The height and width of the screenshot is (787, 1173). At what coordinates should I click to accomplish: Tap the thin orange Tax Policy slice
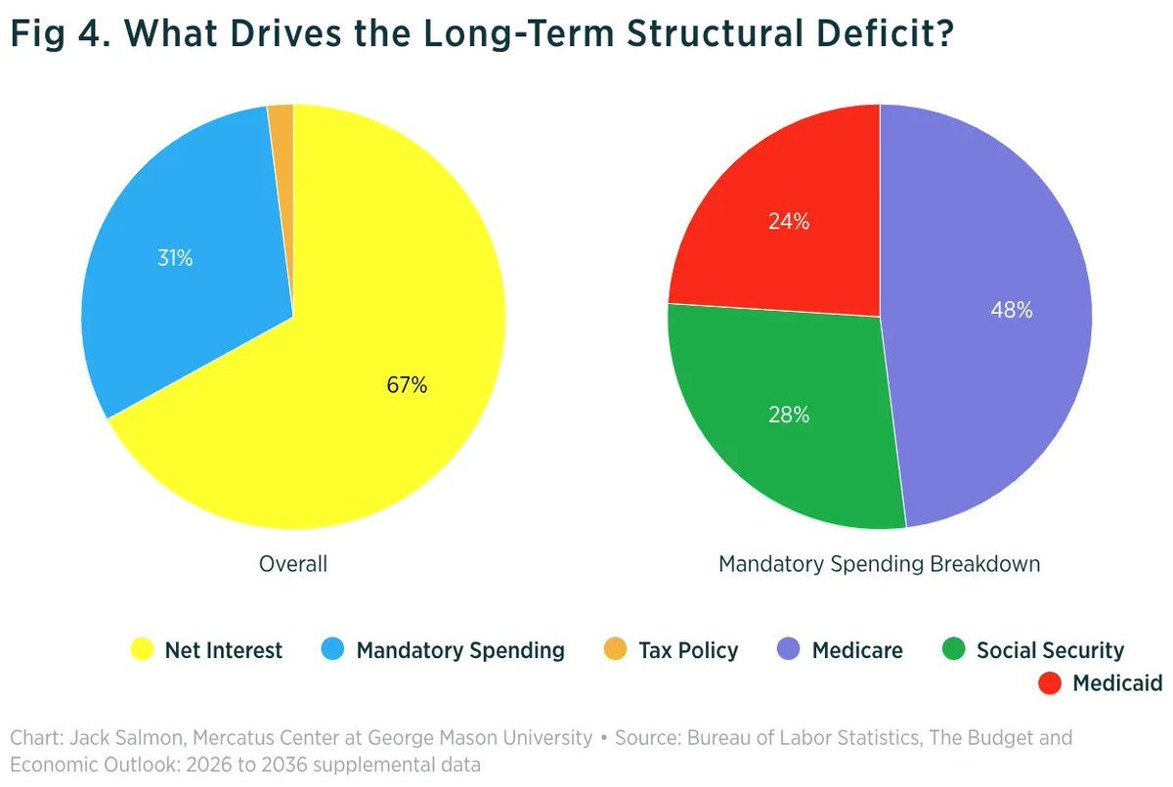tap(282, 122)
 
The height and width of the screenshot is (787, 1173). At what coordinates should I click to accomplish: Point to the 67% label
tap(407, 385)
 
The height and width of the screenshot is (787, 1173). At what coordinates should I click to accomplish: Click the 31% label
tap(175, 259)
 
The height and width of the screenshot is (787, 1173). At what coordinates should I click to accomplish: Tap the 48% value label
tap(1012, 311)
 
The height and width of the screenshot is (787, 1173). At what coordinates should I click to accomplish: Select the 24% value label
tap(788, 222)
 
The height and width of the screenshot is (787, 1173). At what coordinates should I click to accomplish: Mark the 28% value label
tap(788, 415)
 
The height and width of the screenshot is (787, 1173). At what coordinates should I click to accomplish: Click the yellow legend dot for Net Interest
tap(143, 650)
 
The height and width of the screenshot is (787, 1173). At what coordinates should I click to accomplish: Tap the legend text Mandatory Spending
tap(460, 650)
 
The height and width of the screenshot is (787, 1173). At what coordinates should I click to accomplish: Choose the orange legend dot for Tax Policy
tap(615, 650)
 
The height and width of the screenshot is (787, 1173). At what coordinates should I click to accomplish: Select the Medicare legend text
tap(857, 650)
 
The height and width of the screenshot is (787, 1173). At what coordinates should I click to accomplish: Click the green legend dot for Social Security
tap(953, 650)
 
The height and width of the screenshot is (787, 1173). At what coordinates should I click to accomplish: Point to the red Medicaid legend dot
tap(1049, 682)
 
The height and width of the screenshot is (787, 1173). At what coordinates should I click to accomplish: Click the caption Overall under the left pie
tap(293, 564)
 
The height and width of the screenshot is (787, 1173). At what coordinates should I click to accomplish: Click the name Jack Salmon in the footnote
tap(107, 737)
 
